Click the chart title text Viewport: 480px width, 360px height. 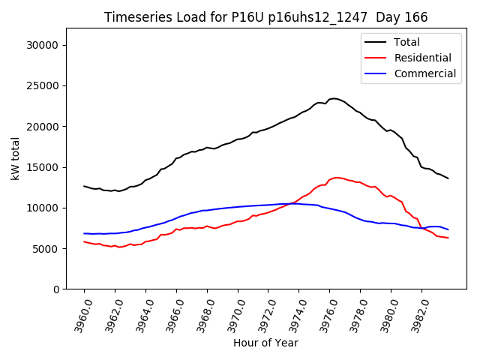[265, 17]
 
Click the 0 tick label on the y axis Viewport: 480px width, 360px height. [57, 289]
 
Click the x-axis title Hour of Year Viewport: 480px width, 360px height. [265, 343]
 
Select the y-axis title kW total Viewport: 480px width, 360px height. [15, 158]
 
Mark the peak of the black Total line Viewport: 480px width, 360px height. [333, 98]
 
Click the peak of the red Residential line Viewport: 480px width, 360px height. [337, 178]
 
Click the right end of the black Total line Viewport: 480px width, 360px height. [448, 178]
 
